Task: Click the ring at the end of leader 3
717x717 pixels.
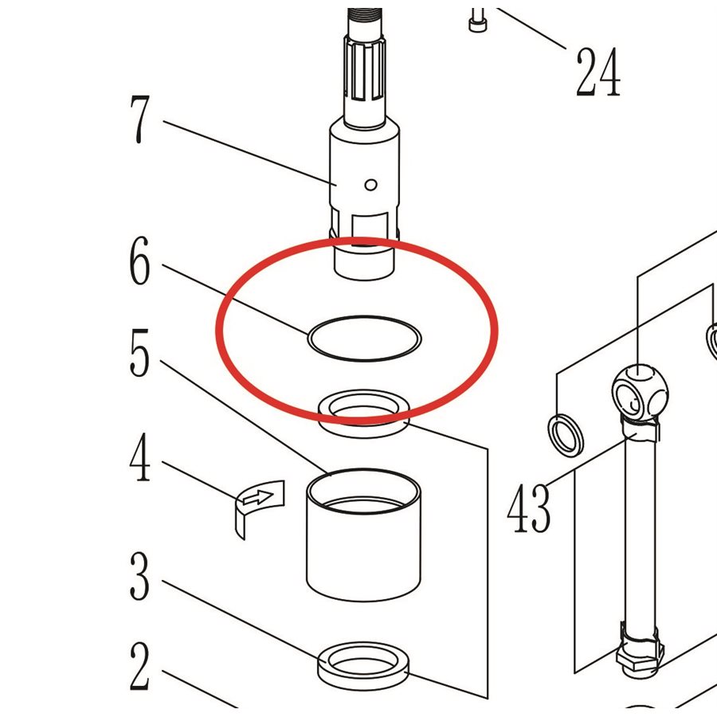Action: [362, 665]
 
